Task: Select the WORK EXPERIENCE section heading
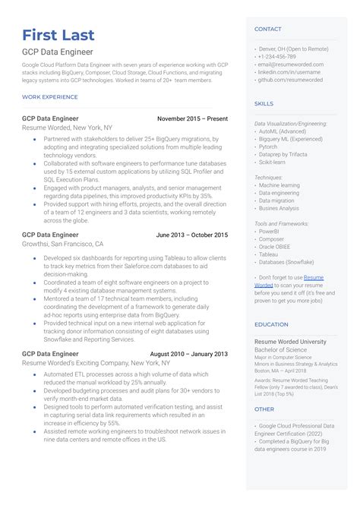point(50,96)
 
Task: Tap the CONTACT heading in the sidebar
point(268,29)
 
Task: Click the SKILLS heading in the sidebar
point(264,103)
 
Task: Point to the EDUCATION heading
point(271,324)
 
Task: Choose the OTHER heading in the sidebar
point(264,409)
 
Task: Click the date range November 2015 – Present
point(192,119)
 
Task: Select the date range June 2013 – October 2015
point(191,235)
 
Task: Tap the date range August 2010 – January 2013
point(188,354)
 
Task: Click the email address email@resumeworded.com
point(291,64)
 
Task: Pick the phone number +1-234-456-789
point(277,56)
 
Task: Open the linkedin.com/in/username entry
point(289,71)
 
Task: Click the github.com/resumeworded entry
point(290,79)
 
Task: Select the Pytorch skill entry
point(270,147)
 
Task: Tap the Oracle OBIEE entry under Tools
point(276,247)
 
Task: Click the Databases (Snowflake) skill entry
point(286,262)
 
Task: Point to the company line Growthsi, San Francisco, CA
point(63,245)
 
